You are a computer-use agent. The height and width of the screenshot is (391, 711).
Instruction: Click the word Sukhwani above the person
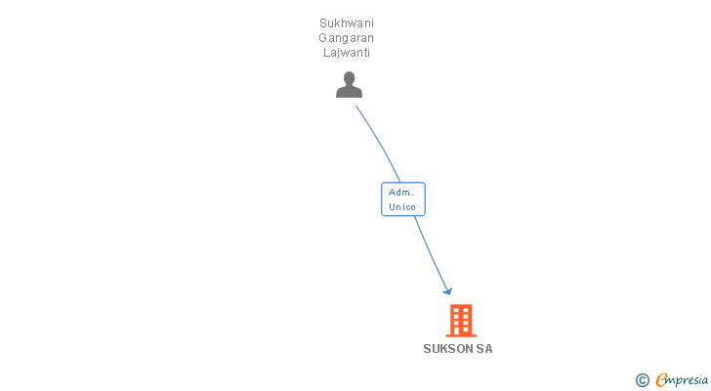tap(347, 22)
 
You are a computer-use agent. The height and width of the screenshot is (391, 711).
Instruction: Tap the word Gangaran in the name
tap(347, 37)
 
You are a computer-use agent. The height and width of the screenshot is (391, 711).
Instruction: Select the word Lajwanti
tap(347, 52)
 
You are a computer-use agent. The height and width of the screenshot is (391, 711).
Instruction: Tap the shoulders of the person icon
tap(349, 92)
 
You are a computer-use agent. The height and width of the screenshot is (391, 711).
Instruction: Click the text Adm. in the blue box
tap(401, 192)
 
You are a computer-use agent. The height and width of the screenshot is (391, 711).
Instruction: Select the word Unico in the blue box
tap(402, 206)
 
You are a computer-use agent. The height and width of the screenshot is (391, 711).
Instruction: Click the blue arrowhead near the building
tap(447, 290)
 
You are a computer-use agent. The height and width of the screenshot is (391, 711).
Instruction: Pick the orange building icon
tap(461, 320)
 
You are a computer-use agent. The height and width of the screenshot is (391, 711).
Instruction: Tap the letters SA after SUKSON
tap(484, 349)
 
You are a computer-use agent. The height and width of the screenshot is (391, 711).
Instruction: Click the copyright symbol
tap(642, 380)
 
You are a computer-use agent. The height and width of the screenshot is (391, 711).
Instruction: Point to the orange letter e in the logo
tap(661, 380)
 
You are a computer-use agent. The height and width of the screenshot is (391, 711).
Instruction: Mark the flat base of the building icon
tap(461, 334)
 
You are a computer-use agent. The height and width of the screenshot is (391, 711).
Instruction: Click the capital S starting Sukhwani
tap(323, 22)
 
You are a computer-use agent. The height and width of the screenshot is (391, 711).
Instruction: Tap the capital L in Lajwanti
tap(326, 52)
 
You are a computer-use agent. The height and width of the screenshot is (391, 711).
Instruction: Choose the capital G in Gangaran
tap(323, 37)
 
